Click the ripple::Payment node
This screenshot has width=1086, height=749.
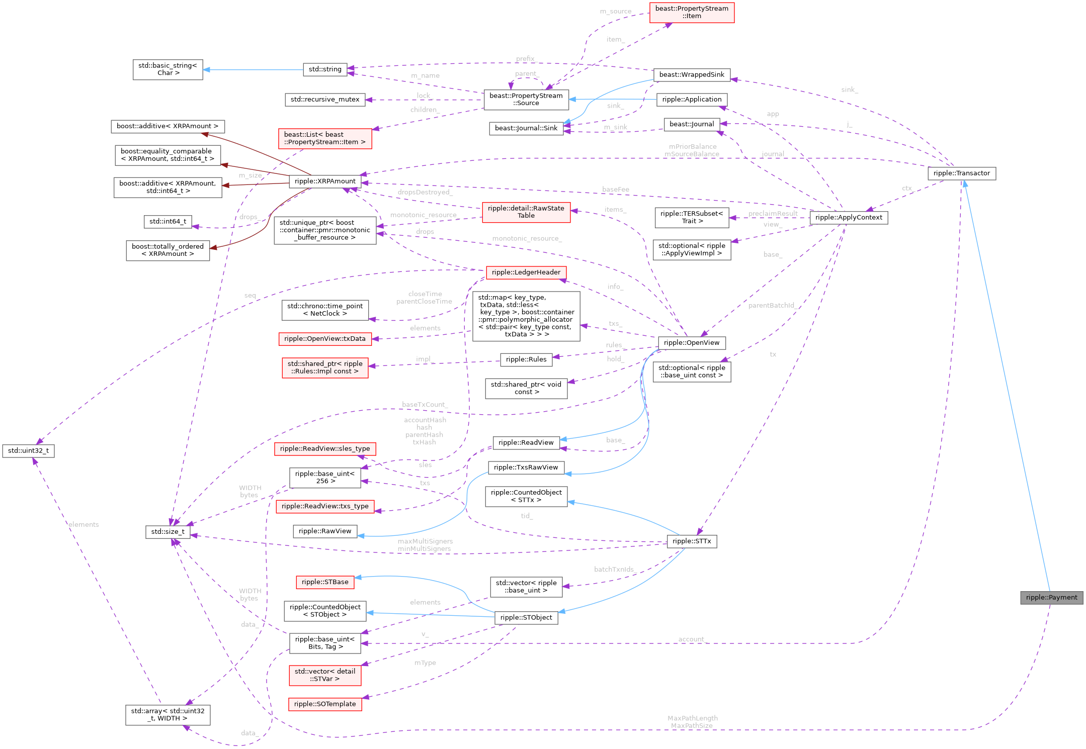(x=1051, y=597)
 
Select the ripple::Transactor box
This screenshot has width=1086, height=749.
(x=961, y=173)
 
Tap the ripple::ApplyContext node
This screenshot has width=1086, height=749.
(x=849, y=218)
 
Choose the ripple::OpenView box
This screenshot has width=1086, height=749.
(x=692, y=343)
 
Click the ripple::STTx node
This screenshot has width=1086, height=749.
(x=692, y=541)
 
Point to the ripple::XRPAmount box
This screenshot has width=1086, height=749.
(x=325, y=181)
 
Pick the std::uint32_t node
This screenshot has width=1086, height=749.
(x=28, y=450)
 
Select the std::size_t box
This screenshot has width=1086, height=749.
(x=168, y=531)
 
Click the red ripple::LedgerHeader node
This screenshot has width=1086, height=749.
(x=526, y=272)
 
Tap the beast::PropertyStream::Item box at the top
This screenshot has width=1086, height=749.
(x=692, y=13)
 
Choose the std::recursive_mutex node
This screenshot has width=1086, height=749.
(x=325, y=100)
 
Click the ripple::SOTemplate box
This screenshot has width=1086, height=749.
(x=325, y=704)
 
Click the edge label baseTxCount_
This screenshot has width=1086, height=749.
(x=425, y=405)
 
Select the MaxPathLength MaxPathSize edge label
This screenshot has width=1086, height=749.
(x=692, y=722)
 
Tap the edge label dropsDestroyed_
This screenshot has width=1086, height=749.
(x=425, y=193)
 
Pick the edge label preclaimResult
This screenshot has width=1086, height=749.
(x=773, y=214)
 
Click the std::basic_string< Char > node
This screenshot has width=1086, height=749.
(x=168, y=69)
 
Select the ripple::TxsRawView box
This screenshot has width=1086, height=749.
(x=526, y=467)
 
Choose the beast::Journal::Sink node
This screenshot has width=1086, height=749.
(x=526, y=128)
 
